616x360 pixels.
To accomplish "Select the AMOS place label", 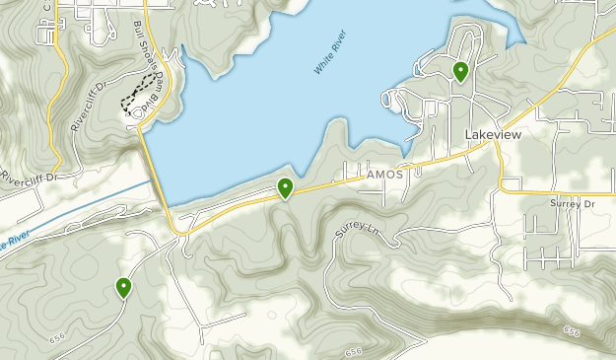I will (383, 174).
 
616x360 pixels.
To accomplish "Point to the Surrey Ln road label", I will (357, 233).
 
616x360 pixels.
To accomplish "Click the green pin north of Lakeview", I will (460, 71).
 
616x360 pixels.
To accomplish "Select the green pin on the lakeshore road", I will (285, 187).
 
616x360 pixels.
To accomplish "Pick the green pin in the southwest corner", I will (124, 287).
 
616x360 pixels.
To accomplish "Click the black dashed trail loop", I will (138, 91).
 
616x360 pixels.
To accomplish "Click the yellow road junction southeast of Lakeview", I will (502, 184).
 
